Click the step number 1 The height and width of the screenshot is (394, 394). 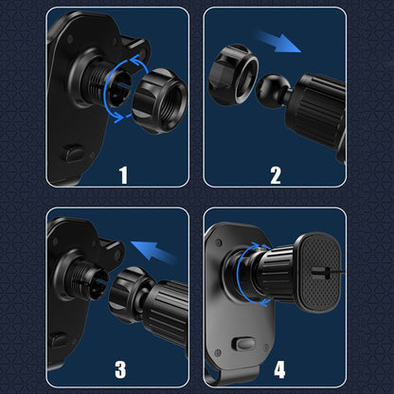pos(123,175)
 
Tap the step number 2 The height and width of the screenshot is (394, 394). pos(276,175)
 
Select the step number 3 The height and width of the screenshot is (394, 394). pos(120,369)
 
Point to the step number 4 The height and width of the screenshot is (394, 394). pos(279,369)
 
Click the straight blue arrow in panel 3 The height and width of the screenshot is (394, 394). pos(153,252)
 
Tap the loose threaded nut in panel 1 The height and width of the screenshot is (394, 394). pos(159,101)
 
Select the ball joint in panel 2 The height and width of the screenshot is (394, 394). pos(272,91)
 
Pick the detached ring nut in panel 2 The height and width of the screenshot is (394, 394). pos(233,75)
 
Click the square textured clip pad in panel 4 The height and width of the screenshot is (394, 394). pos(319,272)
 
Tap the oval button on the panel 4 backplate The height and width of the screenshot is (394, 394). pos(243,344)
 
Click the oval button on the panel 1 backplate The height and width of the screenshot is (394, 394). pos(74,152)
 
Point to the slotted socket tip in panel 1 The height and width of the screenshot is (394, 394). pos(118,91)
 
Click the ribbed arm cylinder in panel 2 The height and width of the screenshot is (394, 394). pos(317,111)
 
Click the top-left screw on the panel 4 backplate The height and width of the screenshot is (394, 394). pos(218,242)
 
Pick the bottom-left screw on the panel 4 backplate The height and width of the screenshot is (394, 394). pos(217,352)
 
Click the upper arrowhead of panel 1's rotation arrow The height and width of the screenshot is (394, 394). pos(135,59)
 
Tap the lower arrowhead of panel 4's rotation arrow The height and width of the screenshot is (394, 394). pos(265,302)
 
